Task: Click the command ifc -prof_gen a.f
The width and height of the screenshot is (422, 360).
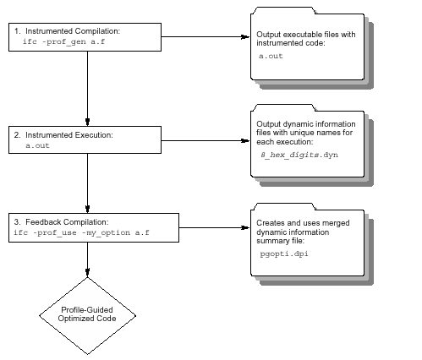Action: click(x=63, y=41)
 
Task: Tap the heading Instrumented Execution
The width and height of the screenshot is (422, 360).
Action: click(x=69, y=135)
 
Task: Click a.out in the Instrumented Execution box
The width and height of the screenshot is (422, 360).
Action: click(x=37, y=145)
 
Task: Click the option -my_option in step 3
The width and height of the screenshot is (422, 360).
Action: click(x=106, y=232)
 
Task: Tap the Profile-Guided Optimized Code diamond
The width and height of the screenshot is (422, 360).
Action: click(x=87, y=316)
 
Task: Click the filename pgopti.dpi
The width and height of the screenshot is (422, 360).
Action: click(x=284, y=254)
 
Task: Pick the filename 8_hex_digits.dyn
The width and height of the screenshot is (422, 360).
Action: click(x=299, y=155)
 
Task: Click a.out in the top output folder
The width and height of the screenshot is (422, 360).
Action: click(x=271, y=56)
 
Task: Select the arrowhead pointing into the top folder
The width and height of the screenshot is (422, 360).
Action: click(x=245, y=36)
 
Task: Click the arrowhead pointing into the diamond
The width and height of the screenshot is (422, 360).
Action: click(x=87, y=272)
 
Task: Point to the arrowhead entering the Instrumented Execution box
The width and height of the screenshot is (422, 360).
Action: click(x=87, y=122)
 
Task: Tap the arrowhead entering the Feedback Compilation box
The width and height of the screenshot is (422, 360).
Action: click(x=87, y=209)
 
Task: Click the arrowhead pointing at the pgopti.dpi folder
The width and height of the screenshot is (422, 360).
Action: click(x=245, y=227)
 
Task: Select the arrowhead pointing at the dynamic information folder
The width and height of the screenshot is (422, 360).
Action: click(x=245, y=140)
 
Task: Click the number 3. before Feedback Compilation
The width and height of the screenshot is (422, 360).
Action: click(x=17, y=222)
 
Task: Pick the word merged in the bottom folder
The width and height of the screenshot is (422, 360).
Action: click(x=336, y=223)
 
